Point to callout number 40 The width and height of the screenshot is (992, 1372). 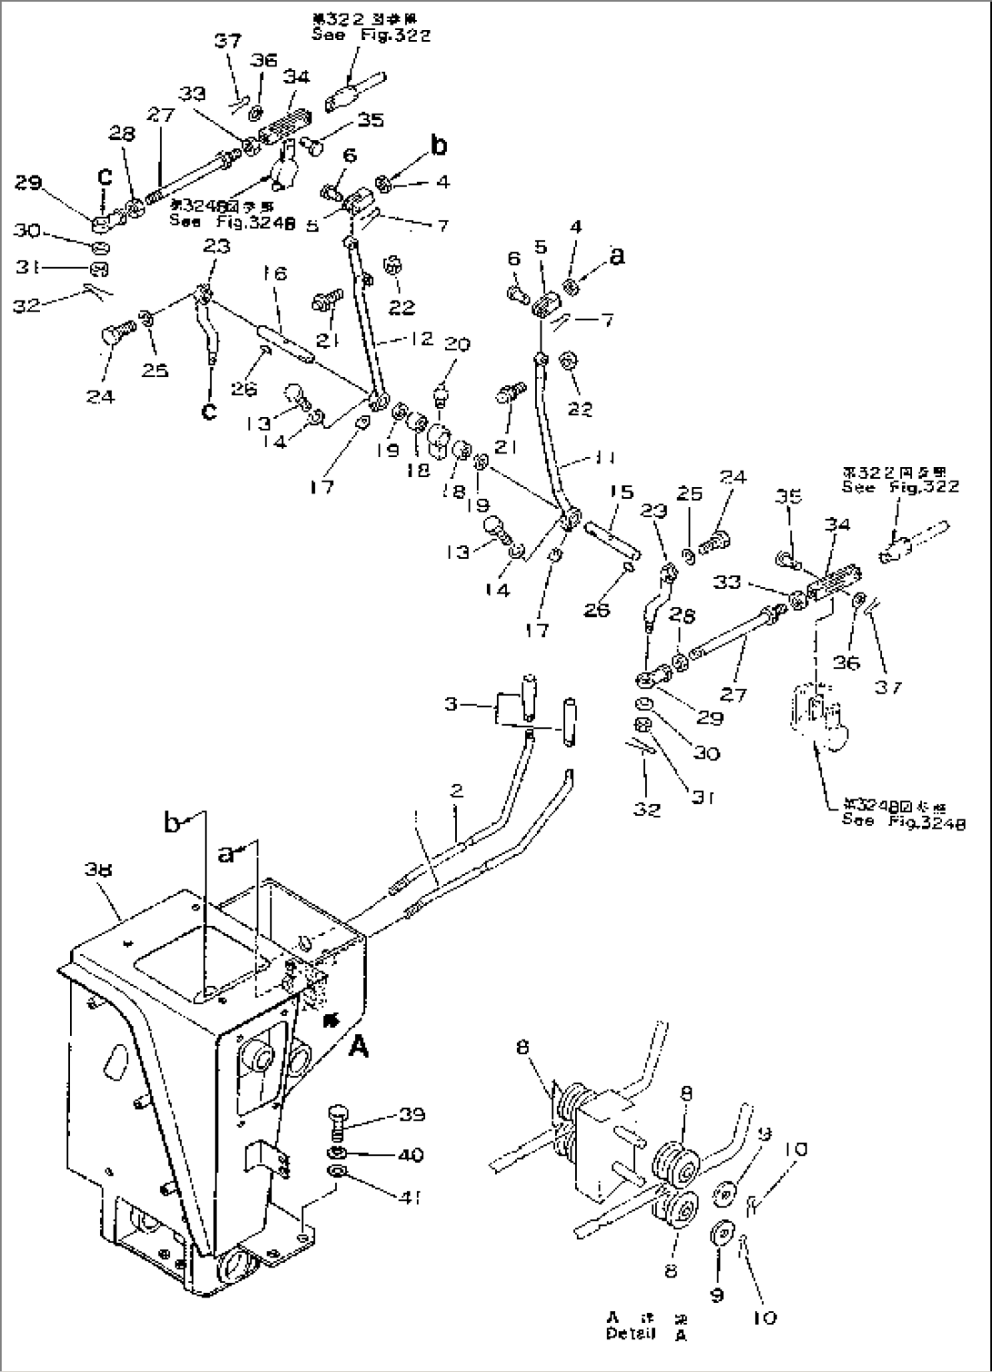pyautogui.click(x=410, y=1154)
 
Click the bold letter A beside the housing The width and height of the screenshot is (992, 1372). pyautogui.click(x=359, y=1049)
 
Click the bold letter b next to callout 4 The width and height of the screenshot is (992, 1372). pyautogui.click(x=440, y=145)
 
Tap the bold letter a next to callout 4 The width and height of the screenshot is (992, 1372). pyautogui.click(x=618, y=258)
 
